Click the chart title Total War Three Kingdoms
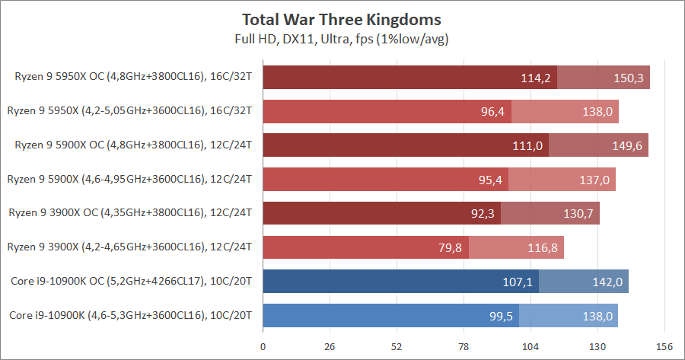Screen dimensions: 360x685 point(342,19)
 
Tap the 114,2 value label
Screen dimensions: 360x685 point(536,78)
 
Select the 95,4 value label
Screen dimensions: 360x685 point(488,180)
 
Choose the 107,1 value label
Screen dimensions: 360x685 point(518,282)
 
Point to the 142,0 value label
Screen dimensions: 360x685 point(607,282)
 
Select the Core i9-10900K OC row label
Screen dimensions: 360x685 point(131,282)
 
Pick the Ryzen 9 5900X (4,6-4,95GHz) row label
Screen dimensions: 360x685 point(129,180)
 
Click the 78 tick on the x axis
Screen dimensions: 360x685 point(463,347)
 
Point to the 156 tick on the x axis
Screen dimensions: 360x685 point(664,347)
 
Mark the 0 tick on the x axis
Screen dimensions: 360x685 point(263,347)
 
